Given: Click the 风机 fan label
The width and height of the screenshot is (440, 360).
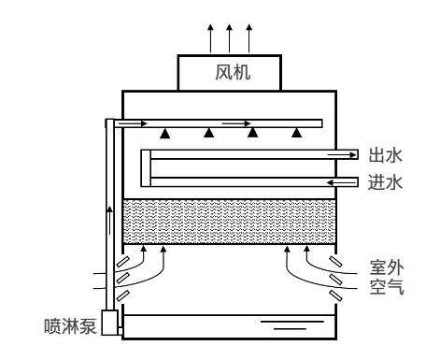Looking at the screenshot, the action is (233, 72).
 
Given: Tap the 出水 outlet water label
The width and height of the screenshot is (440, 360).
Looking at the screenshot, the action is (386, 155).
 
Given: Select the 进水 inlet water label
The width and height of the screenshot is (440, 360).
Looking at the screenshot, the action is (386, 182).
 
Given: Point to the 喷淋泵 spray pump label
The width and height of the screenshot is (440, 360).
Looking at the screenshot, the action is (70, 326).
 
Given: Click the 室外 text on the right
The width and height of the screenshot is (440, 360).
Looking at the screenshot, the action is (387, 267).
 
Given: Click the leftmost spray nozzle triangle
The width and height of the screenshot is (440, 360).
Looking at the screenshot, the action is (165, 133).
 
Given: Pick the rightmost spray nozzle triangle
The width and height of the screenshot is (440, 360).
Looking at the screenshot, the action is (297, 133).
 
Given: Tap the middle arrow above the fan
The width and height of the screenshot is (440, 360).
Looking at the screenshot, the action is (230, 38).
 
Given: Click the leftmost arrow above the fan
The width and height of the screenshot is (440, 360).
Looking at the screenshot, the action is (210, 38).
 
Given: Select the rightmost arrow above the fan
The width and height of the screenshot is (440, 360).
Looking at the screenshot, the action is (248, 38).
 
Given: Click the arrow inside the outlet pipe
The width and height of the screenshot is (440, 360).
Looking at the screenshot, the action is (342, 154).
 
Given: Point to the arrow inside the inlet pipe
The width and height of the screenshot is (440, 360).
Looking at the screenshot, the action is (341, 182).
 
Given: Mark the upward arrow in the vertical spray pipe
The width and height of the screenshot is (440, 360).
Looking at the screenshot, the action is (109, 220).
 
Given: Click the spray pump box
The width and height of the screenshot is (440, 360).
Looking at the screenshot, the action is (110, 323).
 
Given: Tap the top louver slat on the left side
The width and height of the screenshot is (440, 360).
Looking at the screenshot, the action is (122, 262).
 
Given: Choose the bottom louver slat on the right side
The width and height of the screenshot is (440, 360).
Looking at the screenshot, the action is (336, 295).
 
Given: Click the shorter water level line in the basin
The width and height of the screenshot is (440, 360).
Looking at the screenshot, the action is (290, 328).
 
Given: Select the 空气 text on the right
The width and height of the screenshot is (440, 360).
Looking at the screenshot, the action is (387, 287).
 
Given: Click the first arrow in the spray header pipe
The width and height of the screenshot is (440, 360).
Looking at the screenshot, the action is (133, 123).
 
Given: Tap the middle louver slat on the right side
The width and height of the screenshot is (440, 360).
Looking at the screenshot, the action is (336, 279).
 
